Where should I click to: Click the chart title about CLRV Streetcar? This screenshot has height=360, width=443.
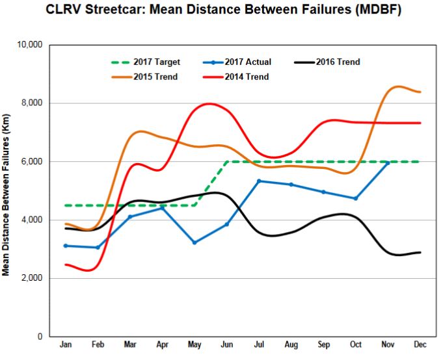pos(221,11)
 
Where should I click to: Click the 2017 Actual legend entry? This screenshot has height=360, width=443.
pos(239,62)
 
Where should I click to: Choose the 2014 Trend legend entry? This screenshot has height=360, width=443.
pos(239,77)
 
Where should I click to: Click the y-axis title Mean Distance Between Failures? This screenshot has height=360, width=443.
pos(8,191)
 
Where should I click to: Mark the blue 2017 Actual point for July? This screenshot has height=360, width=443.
pos(258,181)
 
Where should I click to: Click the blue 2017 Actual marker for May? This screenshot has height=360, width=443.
pos(194,242)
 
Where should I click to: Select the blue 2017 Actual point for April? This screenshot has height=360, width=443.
pos(162,208)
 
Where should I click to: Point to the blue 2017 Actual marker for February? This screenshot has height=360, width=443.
pos(98,248)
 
